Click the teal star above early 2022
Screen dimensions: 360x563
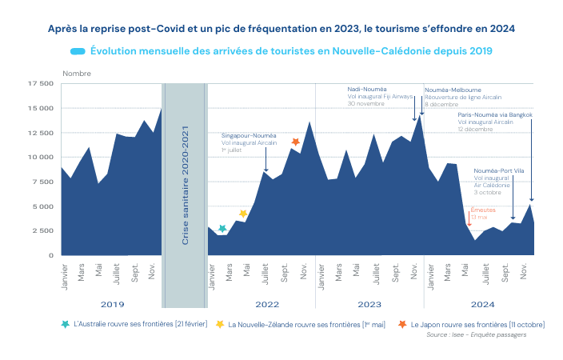222,229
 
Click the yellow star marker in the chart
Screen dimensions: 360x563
243,214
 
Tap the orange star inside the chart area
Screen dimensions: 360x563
295,142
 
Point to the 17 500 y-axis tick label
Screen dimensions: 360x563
40,83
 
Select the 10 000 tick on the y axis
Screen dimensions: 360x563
40,157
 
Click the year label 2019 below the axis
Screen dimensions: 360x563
112,305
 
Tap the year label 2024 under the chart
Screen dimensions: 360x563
482,305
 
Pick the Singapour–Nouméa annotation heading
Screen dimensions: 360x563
249,135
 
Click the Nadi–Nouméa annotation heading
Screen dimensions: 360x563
366,89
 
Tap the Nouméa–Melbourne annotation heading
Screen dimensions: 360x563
453,90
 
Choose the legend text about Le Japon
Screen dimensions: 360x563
477,325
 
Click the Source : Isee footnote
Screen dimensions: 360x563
487,334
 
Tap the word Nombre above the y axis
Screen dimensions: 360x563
77,73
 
